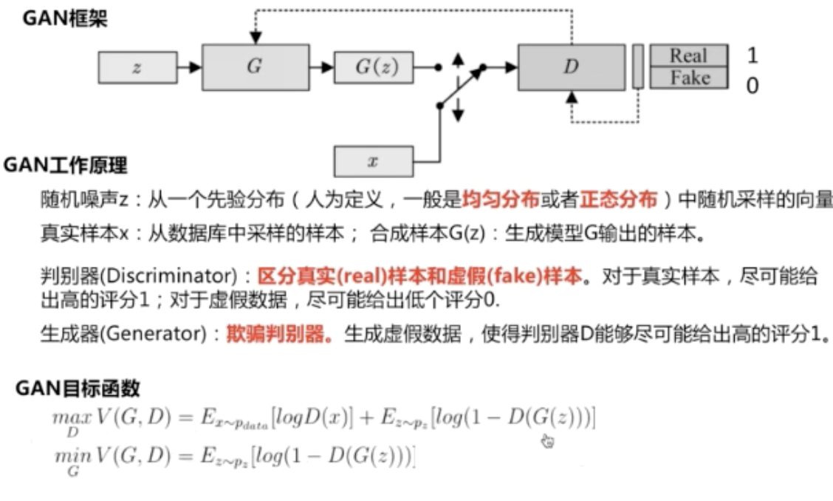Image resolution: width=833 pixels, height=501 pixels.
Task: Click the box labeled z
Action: [137, 67]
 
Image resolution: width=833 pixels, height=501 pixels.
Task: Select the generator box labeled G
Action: [255, 67]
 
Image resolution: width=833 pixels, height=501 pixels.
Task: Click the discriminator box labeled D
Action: [570, 67]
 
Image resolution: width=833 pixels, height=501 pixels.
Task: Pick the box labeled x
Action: [374, 160]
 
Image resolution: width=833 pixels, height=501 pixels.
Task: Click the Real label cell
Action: [688, 55]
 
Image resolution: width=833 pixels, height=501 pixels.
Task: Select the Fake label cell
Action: [688, 78]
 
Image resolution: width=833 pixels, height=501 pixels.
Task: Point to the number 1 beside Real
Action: [752, 55]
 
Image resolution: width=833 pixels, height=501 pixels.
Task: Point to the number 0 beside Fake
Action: [752, 86]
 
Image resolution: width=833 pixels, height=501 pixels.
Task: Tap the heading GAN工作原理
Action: [65, 164]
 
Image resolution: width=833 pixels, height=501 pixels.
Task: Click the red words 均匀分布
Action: [490, 199]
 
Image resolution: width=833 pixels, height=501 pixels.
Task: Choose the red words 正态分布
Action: [617, 199]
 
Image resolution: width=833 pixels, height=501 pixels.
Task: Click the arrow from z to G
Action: [190, 67]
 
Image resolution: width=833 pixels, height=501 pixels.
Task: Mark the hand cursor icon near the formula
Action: [547, 441]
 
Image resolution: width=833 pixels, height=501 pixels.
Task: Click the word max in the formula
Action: [66, 417]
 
